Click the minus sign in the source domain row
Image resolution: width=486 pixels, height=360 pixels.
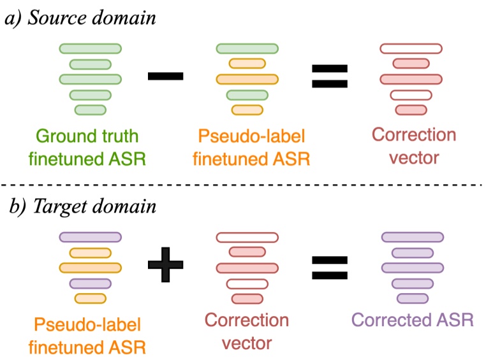click(165, 76)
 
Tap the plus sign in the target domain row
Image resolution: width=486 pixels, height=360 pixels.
click(165, 263)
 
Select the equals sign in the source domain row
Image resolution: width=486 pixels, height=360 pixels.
click(329, 76)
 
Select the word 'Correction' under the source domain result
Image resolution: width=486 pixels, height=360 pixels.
click(414, 135)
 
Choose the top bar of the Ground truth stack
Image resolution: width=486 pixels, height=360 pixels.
click(90, 48)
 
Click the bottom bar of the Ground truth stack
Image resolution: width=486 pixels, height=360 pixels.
click(90, 110)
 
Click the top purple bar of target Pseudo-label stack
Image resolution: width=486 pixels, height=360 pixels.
click(90, 237)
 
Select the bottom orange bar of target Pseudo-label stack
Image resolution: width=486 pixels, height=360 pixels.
click(90, 298)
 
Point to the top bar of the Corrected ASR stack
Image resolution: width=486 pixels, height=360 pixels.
click(412, 237)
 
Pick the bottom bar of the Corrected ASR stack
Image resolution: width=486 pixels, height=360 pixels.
click(412, 298)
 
